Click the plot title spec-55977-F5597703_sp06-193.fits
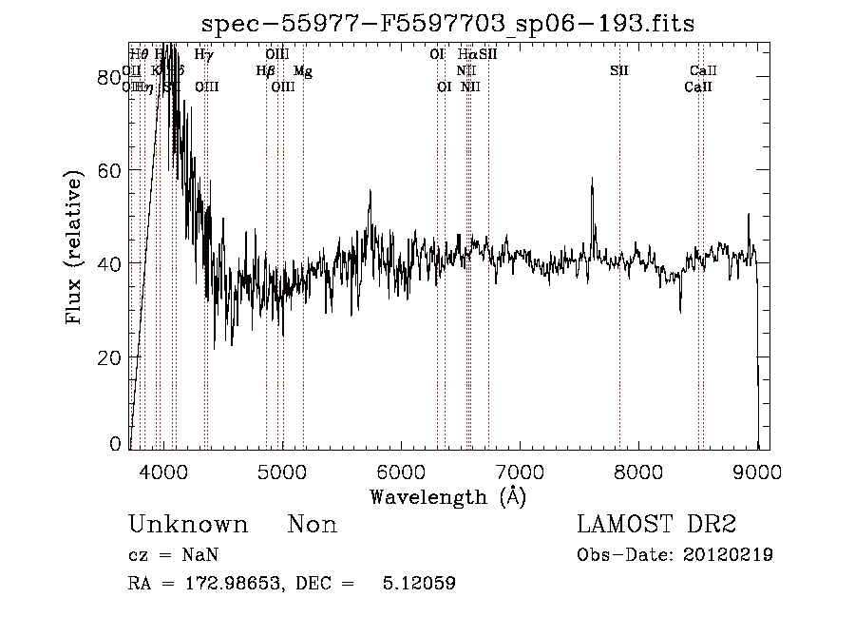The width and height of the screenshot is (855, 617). pyautogui.click(x=449, y=24)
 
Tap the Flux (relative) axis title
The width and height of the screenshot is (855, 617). pyautogui.click(x=74, y=246)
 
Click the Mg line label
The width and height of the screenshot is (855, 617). pyautogui.click(x=302, y=71)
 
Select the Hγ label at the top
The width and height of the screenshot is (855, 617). pyautogui.click(x=203, y=55)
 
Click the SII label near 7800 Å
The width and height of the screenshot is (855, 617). pyautogui.click(x=619, y=71)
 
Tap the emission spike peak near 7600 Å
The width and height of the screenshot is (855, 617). pyautogui.click(x=592, y=179)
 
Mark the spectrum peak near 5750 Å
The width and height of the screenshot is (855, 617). pyautogui.click(x=370, y=190)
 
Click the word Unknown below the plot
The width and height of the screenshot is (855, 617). pyautogui.click(x=188, y=526)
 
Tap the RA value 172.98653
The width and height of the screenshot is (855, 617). pyautogui.click(x=234, y=584)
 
